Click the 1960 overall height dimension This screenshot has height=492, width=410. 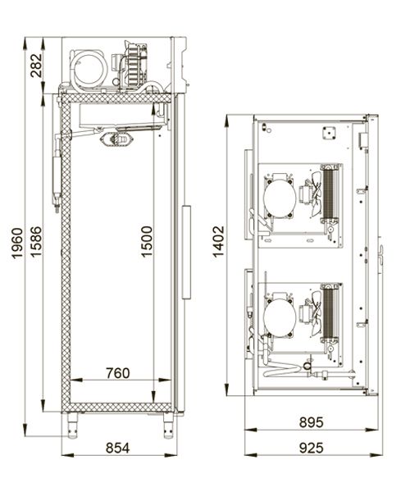pos(17,244)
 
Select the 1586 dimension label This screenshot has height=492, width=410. pos(36,242)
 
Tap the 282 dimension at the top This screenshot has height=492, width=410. pos(36,66)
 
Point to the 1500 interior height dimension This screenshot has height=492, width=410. pos(146,242)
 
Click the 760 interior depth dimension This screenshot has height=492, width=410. pos(117,373)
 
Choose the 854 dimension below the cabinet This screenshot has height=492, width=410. pos(117,448)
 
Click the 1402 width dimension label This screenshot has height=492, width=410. pos(218,242)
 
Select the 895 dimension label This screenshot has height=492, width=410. pos(311,422)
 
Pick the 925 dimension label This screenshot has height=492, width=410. pos(311,448)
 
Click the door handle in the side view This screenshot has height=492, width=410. pos(186,253)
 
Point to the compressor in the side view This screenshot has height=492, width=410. pos(89,69)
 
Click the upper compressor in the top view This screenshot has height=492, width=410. pos(280,198)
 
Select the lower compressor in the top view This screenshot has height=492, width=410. pos(280,317)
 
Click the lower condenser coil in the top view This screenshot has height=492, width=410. pos(330,312)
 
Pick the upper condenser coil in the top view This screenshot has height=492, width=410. pos(330,194)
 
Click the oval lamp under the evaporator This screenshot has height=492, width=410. pos(117,139)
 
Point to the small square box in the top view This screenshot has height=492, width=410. pos(329,133)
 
